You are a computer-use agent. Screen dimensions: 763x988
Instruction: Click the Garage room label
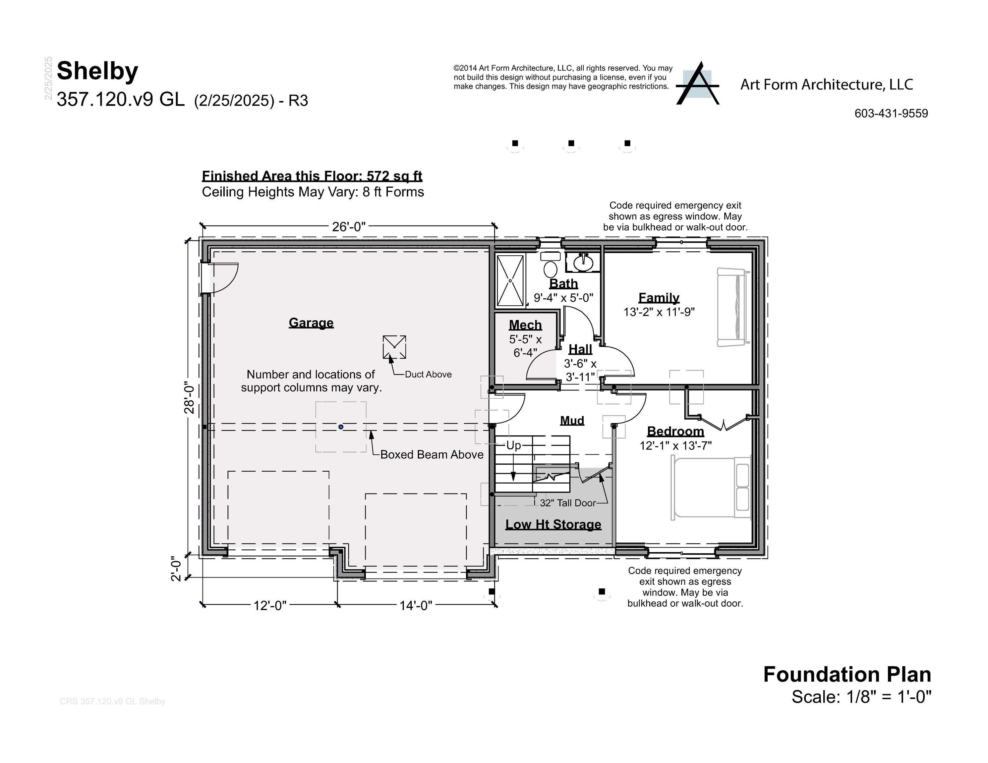[311, 323]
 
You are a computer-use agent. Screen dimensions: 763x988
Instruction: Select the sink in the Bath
[583, 263]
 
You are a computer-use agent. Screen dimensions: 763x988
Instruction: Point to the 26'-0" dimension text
[348, 227]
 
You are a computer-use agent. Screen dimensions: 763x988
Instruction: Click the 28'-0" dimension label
[189, 397]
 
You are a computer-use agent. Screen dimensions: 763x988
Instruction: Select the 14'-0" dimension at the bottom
[415, 606]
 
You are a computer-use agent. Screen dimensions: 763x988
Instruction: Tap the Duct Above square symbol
[394, 347]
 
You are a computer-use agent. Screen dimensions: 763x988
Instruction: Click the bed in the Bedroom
[710, 488]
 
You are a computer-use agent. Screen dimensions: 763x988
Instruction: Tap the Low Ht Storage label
[553, 524]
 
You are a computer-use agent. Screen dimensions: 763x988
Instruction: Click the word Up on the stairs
[513, 446]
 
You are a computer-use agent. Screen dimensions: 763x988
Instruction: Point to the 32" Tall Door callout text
[567, 503]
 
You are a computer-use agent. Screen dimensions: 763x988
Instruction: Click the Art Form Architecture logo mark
[697, 84]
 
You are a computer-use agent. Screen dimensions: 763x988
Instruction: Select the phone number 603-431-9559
[891, 114]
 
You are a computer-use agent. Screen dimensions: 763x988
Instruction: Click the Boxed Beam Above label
[432, 455]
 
